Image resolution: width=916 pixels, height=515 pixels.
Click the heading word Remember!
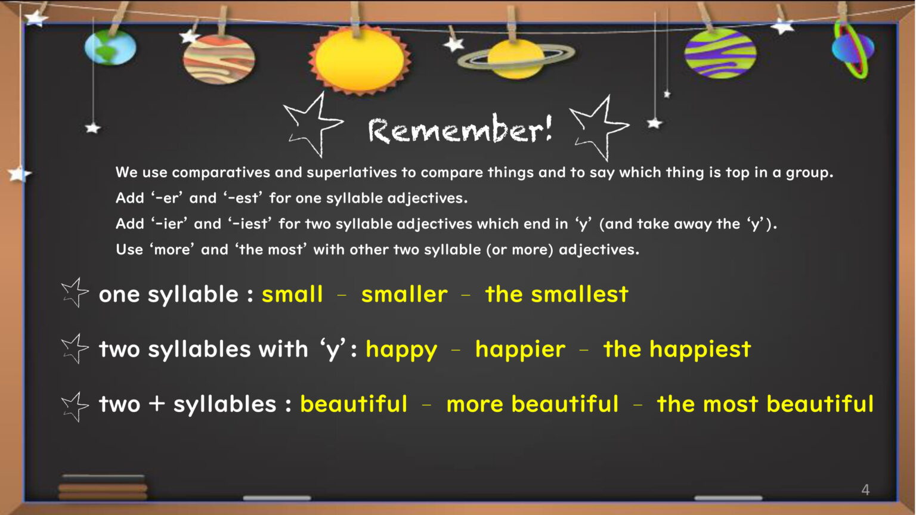tap(460, 129)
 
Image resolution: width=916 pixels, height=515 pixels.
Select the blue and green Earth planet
tap(110, 47)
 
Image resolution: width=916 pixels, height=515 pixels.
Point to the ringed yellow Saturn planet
tap(516, 58)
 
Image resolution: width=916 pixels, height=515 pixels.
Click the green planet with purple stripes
tap(720, 53)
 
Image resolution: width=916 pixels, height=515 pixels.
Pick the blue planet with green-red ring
tap(853, 49)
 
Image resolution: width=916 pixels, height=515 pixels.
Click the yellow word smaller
tap(404, 294)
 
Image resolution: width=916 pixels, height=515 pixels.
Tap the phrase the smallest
tap(556, 294)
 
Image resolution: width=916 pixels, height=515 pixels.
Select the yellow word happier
tap(520, 350)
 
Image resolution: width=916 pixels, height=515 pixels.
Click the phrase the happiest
tap(677, 350)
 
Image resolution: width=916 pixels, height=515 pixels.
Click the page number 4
tap(865, 489)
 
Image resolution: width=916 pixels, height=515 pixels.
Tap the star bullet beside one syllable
tap(75, 293)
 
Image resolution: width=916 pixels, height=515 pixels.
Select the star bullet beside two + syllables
tap(75, 407)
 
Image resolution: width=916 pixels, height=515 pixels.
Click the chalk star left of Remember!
tap(313, 125)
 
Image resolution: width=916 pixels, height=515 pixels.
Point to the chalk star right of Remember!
tap(599, 128)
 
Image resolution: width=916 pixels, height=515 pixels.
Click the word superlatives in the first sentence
tap(352, 172)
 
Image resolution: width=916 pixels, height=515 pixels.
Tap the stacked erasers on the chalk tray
tap(103, 487)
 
